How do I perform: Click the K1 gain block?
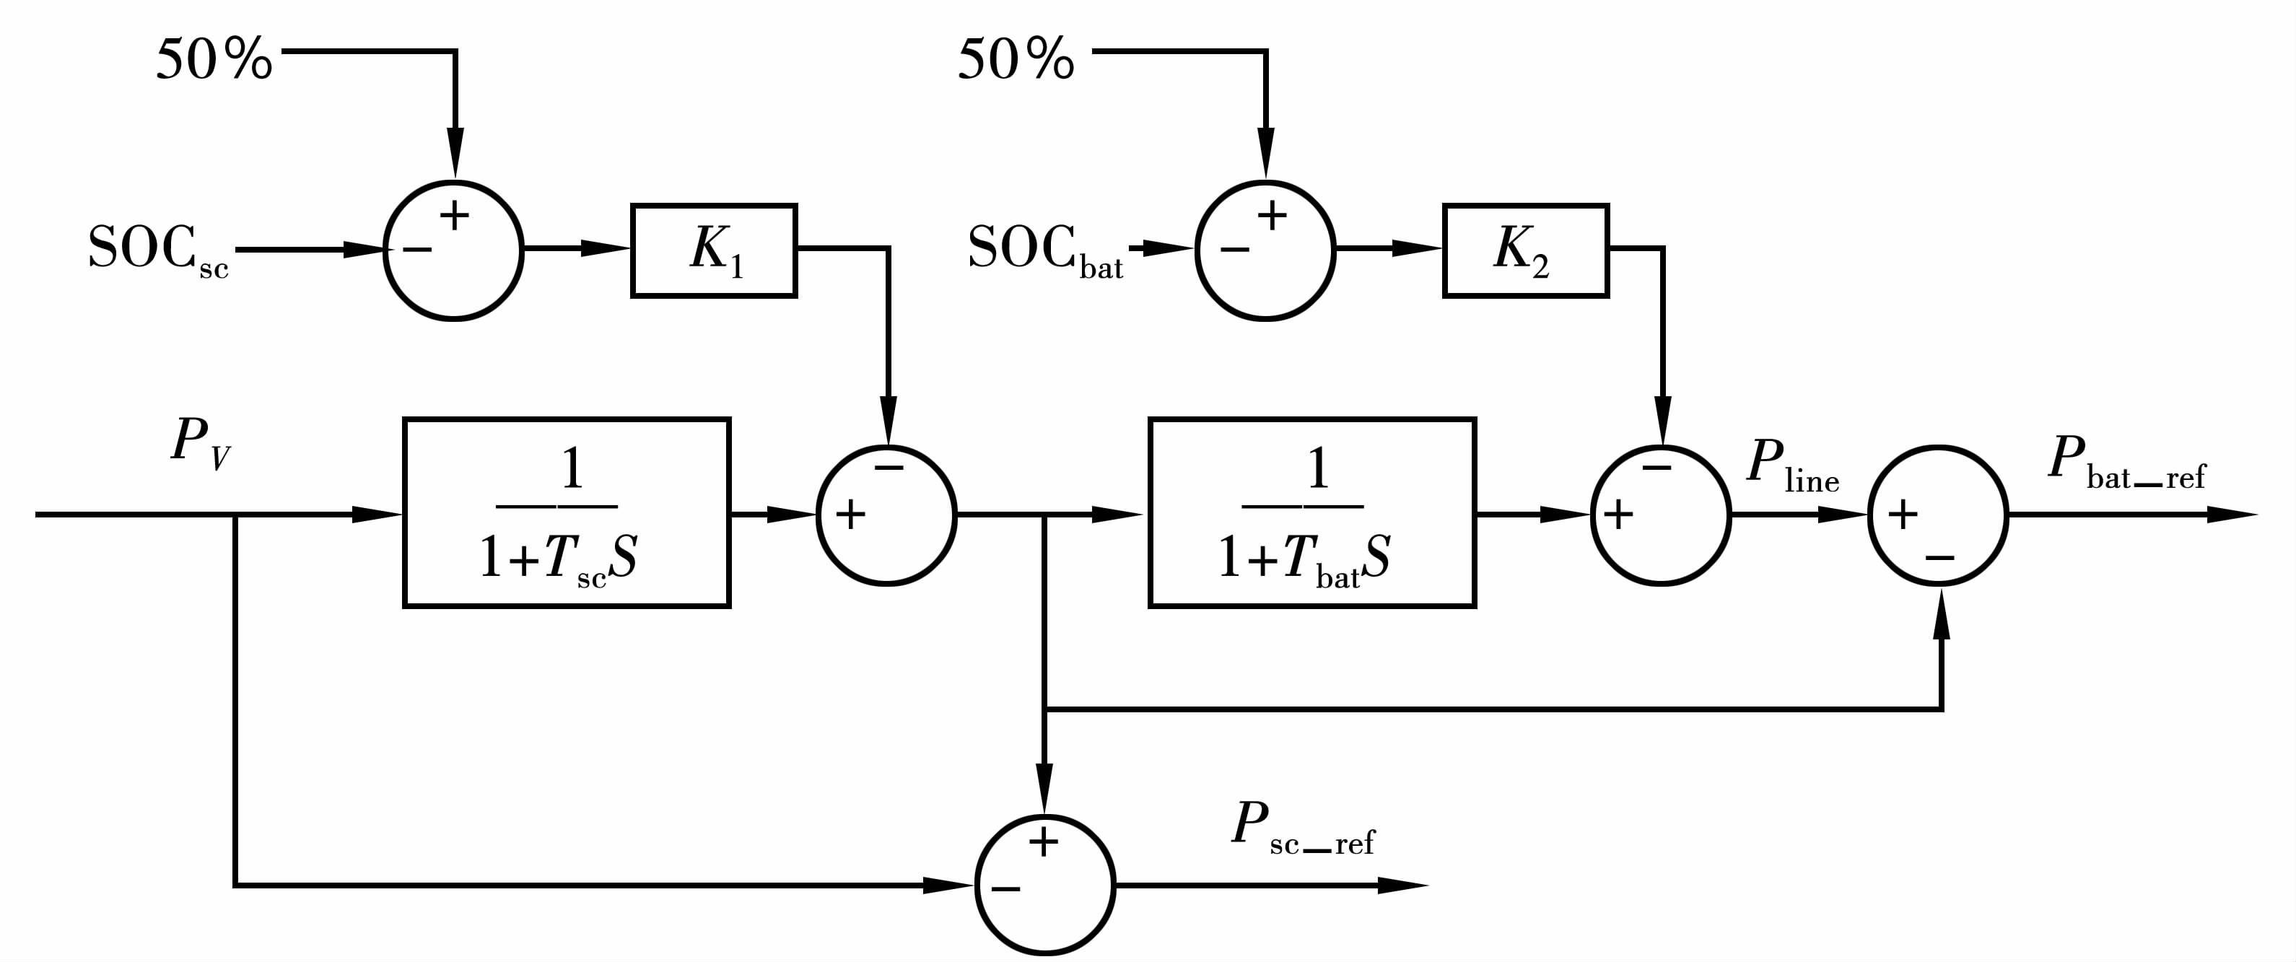[713, 250]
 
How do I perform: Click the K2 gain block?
[1525, 250]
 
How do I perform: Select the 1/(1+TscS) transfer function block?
[567, 512]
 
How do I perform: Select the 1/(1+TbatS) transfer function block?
[1312, 512]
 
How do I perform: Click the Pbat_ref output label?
[2125, 463]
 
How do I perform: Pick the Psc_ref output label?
[1301, 829]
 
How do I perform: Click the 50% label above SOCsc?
[214, 61]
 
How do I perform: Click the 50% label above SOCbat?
[1016, 61]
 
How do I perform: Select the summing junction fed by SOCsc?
[454, 250]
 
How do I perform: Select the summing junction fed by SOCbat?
[1265, 250]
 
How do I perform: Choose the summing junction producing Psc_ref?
[1044, 886]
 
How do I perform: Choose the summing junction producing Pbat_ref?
[1938, 515]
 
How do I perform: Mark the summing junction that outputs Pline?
[1661, 515]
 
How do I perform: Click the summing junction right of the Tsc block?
[887, 515]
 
